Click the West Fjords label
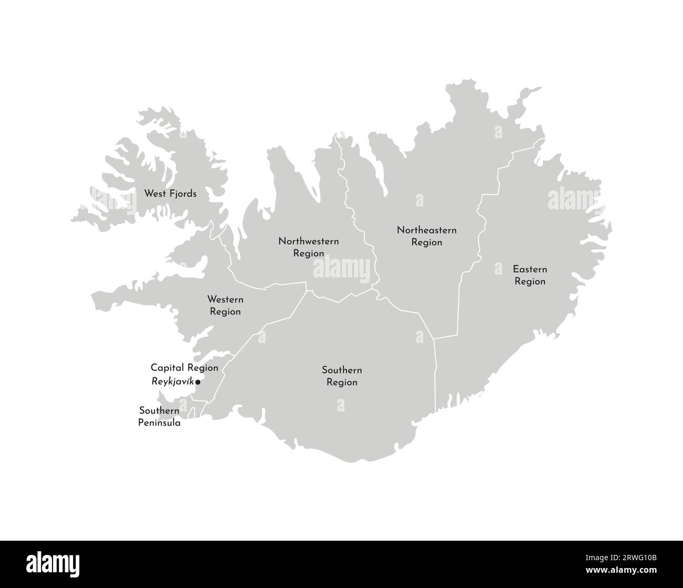click(170, 194)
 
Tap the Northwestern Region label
click(308, 247)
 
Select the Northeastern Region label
click(427, 236)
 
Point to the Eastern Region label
click(530, 275)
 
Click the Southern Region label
click(341, 376)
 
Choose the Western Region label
click(225, 306)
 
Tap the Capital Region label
click(184, 368)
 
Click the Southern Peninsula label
click(159, 416)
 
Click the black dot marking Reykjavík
click(198, 383)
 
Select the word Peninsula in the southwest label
click(159, 422)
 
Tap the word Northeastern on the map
click(427, 230)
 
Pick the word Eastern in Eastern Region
click(530, 270)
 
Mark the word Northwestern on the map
click(308, 242)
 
